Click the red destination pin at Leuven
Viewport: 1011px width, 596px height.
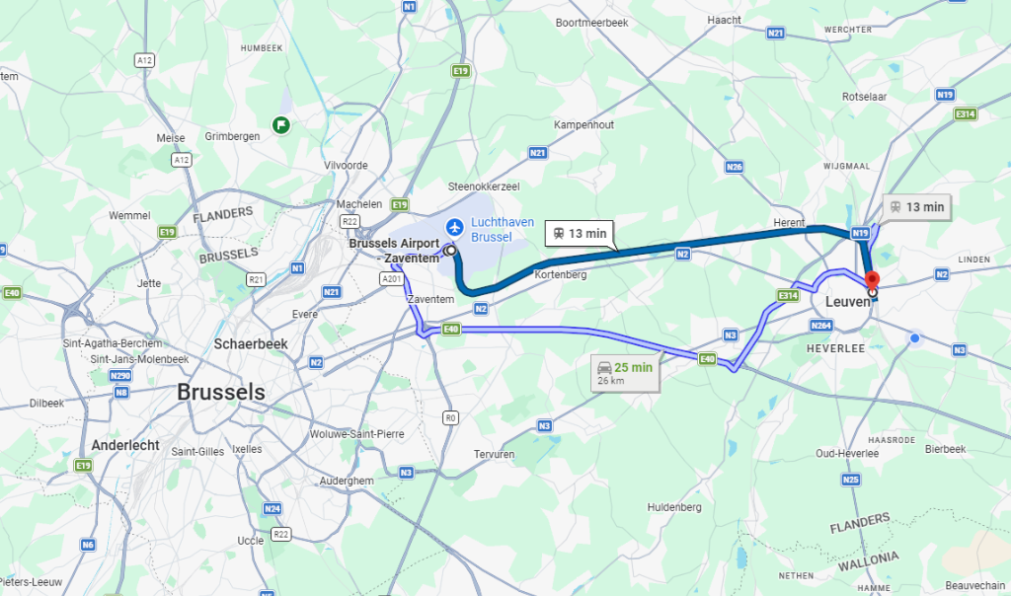point(872,280)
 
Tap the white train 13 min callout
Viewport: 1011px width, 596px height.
point(580,234)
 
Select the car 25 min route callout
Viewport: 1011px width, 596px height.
point(626,373)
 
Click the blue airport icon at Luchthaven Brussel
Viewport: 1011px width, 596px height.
point(454,227)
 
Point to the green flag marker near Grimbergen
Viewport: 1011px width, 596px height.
point(281,124)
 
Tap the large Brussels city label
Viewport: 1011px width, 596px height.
point(221,392)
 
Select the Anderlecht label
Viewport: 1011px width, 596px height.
point(125,445)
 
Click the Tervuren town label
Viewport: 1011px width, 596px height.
point(495,454)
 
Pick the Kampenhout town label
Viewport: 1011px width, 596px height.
point(583,125)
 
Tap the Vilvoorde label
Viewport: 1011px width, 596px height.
point(347,166)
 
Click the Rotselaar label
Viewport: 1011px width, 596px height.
point(867,124)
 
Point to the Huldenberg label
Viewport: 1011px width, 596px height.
point(674,507)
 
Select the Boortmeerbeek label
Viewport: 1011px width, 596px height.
point(592,22)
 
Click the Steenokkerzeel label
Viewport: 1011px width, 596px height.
point(483,186)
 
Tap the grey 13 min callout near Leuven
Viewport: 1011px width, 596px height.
point(917,207)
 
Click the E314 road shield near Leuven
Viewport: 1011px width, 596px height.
point(787,295)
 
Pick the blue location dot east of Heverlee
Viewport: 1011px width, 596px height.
point(915,339)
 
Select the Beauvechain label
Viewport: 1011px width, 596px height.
point(973,559)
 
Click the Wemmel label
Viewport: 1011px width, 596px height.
point(129,215)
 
